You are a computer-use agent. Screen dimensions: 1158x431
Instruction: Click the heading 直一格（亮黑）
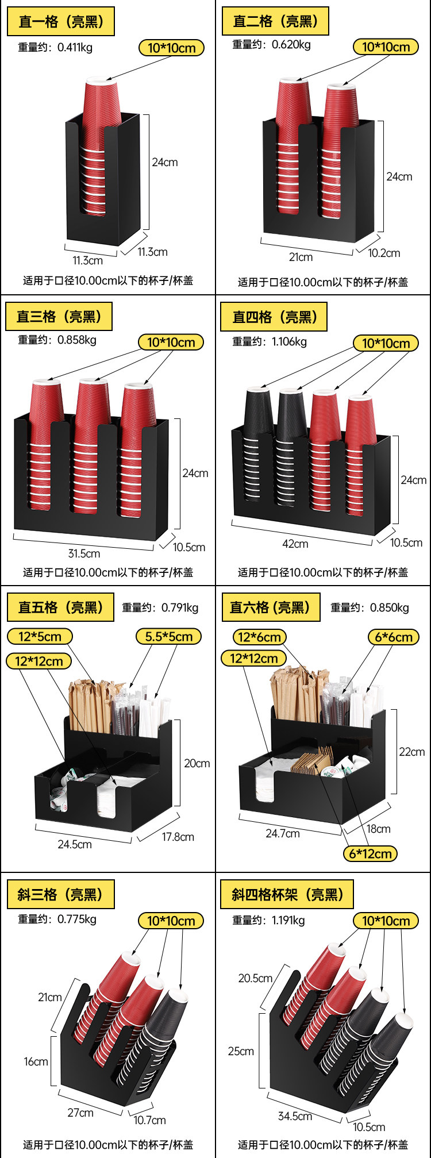[60, 22]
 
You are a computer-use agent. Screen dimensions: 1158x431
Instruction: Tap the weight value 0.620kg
[291, 44]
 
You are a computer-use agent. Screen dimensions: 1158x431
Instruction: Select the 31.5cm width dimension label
[84, 553]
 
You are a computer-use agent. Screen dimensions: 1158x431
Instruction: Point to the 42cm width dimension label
[295, 543]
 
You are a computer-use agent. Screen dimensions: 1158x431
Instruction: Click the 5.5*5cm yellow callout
[168, 636]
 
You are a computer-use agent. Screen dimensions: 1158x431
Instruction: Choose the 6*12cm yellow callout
[370, 853]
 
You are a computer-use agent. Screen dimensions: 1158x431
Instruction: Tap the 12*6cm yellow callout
[259, 637]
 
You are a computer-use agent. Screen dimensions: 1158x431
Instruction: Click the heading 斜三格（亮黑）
[60, 894]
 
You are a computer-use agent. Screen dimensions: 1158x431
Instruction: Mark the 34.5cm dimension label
[295, 1116]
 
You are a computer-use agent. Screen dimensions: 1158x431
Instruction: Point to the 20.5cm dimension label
[255, 978]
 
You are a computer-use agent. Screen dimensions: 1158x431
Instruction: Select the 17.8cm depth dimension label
[178, 837]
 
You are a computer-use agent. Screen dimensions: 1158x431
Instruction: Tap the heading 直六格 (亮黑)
[270, 607]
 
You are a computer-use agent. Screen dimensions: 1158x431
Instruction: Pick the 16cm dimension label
[36, 1061]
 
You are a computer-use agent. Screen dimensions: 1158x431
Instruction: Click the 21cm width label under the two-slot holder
[301, 257]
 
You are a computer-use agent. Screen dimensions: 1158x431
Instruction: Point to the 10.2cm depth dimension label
[384, 253]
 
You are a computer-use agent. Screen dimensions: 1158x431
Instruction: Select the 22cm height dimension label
[411, 752]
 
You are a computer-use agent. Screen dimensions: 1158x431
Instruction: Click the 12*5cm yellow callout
[40, 636]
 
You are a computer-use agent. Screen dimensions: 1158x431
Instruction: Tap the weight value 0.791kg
[179, 607]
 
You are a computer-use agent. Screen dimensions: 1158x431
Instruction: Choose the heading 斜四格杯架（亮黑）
[287, 894]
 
